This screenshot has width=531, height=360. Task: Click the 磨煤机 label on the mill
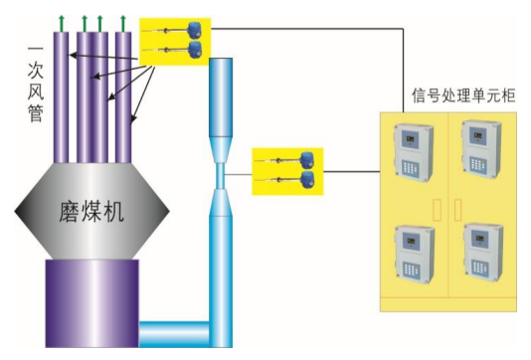click(91, 212)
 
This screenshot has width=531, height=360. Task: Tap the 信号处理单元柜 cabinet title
click(463, 95)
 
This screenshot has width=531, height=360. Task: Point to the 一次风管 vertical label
click(36, 84)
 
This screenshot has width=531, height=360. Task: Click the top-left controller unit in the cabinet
click(414, 153)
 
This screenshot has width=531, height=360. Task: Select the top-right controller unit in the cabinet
click(481, 149)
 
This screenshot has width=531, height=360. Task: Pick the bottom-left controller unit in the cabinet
click(415, 255)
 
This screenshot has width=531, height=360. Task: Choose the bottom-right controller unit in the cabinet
click(483, 252)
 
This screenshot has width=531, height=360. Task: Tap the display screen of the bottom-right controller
click(479, 238)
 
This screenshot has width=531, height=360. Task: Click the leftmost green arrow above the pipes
click(62, 23)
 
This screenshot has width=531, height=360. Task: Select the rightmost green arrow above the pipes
click(123, 23)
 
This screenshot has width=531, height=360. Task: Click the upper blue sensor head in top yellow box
click(195, 31)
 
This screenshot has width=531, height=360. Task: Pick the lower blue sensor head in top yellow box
click(195, 50)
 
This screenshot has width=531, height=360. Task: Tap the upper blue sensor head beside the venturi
click(307, 160)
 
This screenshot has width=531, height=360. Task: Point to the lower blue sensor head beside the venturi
click(307, 179)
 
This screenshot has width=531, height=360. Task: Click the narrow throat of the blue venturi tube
click(221, 176)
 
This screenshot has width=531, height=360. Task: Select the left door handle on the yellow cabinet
click(438, 210)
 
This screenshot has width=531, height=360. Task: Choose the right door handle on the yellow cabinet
click(457, 210)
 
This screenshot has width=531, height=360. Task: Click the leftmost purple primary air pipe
click(62, 97)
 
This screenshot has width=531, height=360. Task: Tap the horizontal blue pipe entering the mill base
click(174, 334)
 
